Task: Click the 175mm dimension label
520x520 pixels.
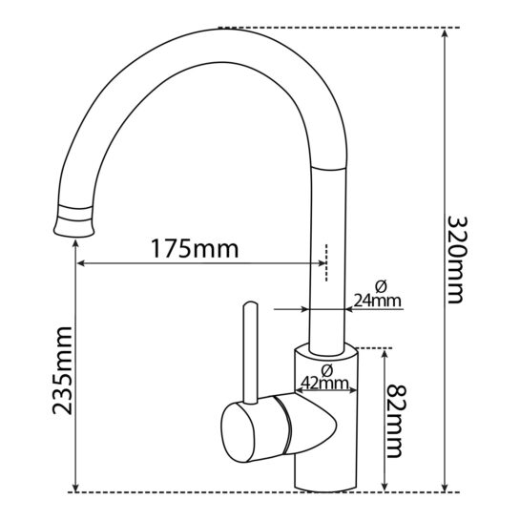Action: (195, 249)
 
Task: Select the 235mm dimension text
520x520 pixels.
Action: (62, 370)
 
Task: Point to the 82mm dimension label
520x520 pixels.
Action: (396, 421)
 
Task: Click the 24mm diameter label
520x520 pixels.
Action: (378, 301)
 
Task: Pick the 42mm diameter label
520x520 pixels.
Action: (324, 384)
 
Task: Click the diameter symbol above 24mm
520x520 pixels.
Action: (382, 286)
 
